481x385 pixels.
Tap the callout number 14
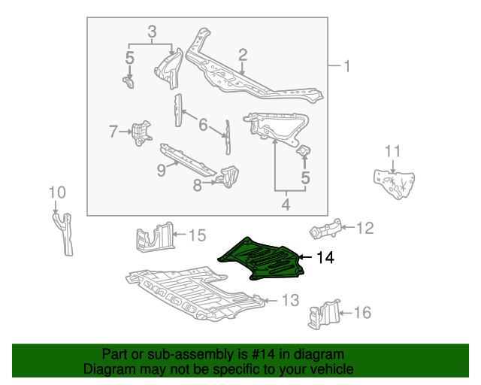[324, 258]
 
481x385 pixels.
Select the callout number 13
[290, 301]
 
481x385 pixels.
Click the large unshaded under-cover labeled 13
[192, 293]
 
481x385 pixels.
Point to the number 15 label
[195, 236]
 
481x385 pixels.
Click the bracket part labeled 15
[154, 237]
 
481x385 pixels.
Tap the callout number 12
[364, 228]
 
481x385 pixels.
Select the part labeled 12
[327, 228]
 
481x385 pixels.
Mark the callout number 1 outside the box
[347, 67]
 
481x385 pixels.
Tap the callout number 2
[243, 54]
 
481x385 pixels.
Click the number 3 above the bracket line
[152, 32]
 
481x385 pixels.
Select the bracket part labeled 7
[140, 132]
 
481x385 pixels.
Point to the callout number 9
[161, 171]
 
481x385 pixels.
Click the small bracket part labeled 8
[228, 177]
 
